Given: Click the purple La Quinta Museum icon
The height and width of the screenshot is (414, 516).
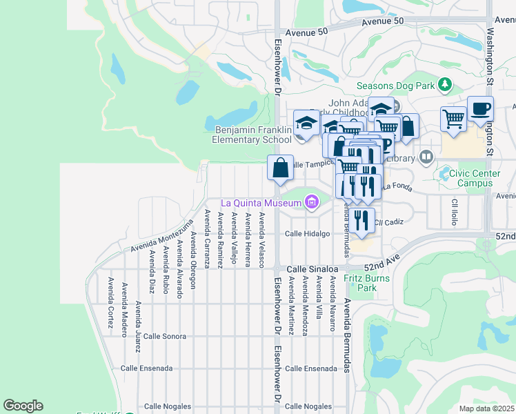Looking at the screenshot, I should [x=312, y=202].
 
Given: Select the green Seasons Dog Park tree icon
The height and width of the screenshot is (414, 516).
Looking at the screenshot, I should [x=446, y=86].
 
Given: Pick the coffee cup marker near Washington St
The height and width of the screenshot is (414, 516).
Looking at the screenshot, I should [x=480, y=110].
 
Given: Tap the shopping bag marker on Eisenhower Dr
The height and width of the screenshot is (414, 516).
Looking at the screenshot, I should [x=280, y=168].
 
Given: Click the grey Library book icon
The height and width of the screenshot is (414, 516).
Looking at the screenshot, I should [x=426, y=157].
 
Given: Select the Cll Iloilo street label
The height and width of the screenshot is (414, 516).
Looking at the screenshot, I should [x=455, y=212].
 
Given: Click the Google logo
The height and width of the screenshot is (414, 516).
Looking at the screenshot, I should [x=23, y=406].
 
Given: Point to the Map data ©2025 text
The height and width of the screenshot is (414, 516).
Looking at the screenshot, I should [x=487, y=408].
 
